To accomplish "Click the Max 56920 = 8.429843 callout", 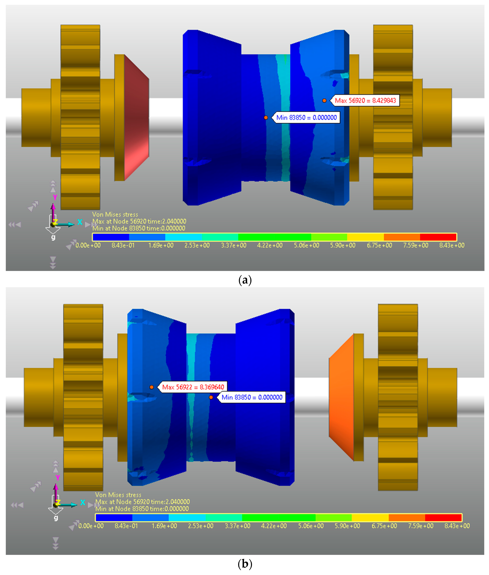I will pos(365,100).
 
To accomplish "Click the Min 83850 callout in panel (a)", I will pos(306,118).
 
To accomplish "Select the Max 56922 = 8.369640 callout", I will pos(193,387).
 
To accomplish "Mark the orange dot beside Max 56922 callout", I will pos(152,387).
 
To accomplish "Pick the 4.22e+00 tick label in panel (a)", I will pos(270,245).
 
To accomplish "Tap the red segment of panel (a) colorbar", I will pos(438,237).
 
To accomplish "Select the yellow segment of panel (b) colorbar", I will pos(370,518).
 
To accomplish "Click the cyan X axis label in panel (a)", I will pos(80,222).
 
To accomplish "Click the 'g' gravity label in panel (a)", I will pos(53,237).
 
